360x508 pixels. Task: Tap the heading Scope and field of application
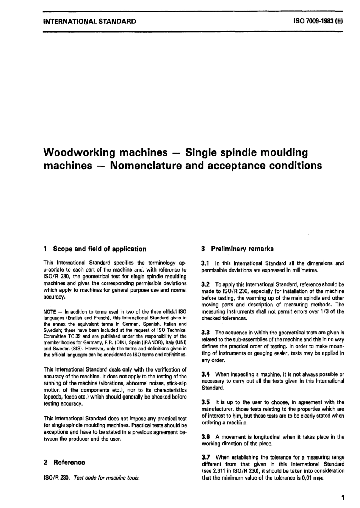100,249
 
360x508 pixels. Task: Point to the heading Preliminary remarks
242,249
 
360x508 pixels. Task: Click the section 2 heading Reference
69,462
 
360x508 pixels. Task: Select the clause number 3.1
206,263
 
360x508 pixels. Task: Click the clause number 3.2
206,284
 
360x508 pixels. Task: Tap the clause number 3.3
206,333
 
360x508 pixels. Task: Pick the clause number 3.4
206,374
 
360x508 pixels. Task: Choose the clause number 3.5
206,402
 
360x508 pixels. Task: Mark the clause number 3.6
206,437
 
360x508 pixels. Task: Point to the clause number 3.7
206,458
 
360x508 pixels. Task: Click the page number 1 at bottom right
343,498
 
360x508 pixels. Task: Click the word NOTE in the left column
50,312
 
